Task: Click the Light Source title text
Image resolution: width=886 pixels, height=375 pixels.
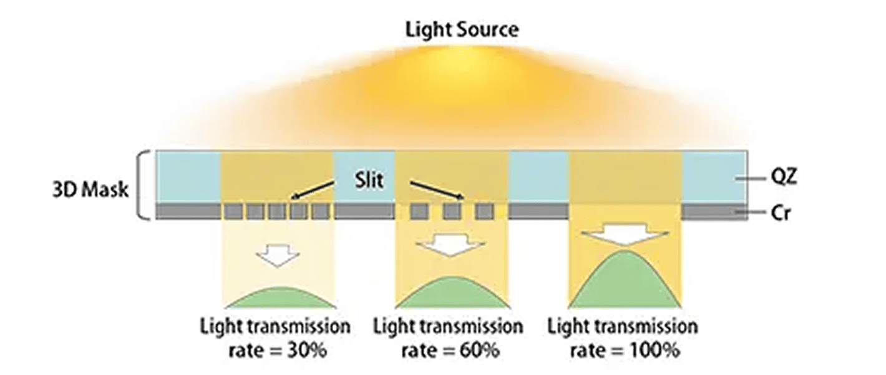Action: pos(462,29)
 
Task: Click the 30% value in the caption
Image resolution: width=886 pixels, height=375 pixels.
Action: pos(304,351)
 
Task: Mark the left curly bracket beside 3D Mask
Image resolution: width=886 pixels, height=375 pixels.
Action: pos(144,186)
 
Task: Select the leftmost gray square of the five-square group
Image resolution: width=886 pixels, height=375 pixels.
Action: pos(233,211)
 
